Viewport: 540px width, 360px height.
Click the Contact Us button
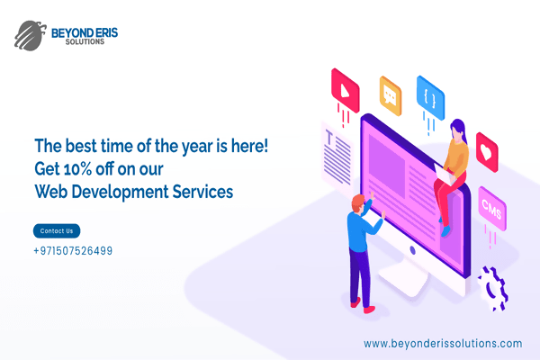point(57,230)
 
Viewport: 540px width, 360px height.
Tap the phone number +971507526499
point(73,251)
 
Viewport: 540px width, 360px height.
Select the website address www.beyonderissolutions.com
point(443,344)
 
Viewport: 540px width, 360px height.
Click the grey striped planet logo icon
point(31,35)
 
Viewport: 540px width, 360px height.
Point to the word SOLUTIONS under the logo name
point(85,41)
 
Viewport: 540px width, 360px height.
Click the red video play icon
point(345,90)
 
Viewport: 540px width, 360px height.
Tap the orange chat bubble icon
point(391,95)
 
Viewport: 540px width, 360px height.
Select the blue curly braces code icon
point(430,98)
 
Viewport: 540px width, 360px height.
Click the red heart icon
point(487,152)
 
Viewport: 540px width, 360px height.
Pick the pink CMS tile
point(492,209)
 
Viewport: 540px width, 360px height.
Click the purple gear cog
point(493,289)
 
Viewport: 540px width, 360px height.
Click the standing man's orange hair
point(358,202)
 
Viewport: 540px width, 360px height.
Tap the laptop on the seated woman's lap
point(444,174)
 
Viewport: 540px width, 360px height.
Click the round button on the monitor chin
point(412,250)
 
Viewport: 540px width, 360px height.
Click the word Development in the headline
point(120,192)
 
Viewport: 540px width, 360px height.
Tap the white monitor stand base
point(403,281)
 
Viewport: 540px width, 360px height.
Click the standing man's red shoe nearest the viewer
point(370,310)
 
